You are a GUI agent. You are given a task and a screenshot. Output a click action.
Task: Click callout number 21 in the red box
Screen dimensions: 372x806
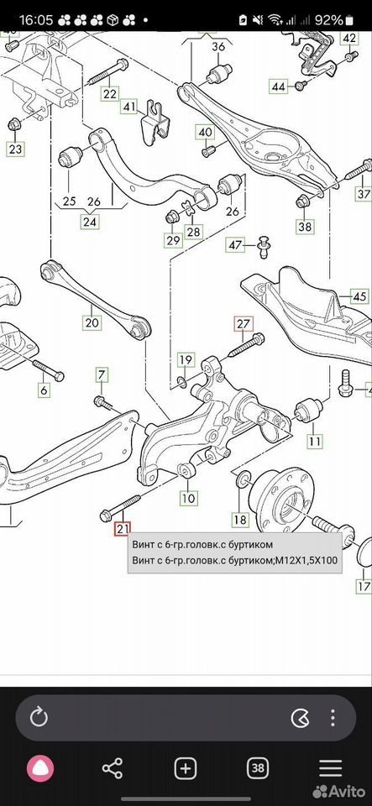[123, 528]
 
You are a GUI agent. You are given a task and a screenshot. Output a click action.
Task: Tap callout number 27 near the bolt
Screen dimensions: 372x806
[243, 324]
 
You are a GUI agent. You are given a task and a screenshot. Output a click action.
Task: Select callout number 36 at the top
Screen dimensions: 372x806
[218, 45]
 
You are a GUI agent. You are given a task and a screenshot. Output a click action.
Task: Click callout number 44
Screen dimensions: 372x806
[279, 86]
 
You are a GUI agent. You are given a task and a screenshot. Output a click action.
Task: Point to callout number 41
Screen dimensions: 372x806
[129, 107]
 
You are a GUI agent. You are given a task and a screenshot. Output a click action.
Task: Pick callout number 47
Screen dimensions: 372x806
[235, 245]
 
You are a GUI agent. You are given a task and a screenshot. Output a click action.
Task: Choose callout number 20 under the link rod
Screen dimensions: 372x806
[92, 322]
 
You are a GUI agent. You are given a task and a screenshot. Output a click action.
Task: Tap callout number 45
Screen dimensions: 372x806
[359, 296]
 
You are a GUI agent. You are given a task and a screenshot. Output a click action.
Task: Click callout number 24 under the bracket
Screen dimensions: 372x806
[91, 222]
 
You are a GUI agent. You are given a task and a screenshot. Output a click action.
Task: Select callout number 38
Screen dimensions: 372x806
[305, 226]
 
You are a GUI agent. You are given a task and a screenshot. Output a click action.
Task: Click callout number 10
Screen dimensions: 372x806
[188, 498]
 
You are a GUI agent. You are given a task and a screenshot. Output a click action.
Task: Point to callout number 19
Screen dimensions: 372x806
[186, 360]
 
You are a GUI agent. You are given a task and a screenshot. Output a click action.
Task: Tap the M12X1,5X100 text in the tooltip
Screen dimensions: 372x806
[307, 560]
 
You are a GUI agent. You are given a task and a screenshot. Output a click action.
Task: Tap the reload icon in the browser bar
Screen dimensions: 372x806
[39, 718]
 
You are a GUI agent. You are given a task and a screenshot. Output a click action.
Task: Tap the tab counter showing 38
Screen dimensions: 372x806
[258, 769]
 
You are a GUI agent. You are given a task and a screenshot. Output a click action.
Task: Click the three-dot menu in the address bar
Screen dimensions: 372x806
[333, 718]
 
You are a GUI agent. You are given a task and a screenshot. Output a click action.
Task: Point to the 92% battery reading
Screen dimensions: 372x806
[329, 20]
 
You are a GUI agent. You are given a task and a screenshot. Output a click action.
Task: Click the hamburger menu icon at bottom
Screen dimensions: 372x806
[330, 769]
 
